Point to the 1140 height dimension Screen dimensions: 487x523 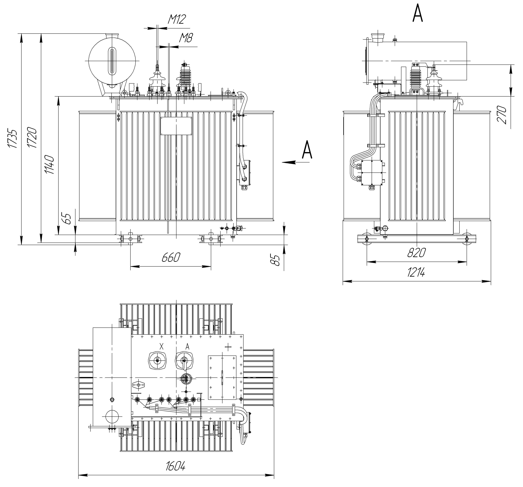[x=49, y=165]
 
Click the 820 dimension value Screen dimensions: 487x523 [x=416, y=253]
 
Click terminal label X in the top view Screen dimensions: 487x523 [x=162, y=347]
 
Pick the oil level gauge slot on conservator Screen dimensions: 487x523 [x=112, y=61]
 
